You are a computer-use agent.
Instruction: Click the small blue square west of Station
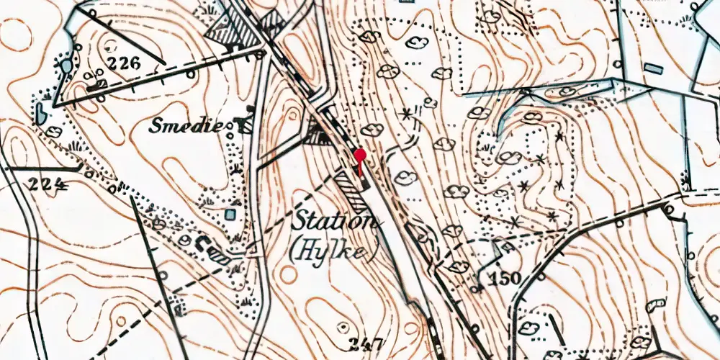[229, 214]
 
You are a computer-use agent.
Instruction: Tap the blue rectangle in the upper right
[652, 68]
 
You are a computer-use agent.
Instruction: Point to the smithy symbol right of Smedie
[246, 125]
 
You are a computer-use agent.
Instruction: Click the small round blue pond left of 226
[66, 66]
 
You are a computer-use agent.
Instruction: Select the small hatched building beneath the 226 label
[101, 85]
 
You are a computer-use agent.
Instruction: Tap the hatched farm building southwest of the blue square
[218, 252]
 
